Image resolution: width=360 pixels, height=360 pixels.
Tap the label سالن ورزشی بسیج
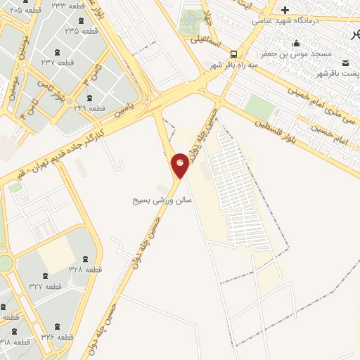tap(162, 200)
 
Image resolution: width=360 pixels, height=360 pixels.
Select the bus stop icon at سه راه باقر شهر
tap(233, 53)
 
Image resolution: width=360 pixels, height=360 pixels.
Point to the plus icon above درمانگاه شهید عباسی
tap(285, 9)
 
